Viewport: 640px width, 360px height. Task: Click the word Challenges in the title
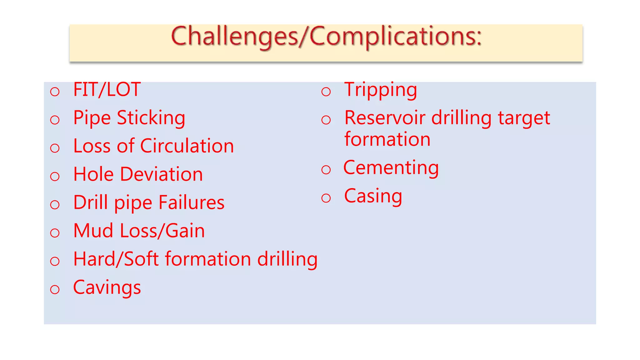pos(234,37)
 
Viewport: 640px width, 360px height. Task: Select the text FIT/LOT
pos(107,90)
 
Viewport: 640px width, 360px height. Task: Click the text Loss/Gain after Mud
pos(162,231)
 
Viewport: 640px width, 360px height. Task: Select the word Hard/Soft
pos(116,259)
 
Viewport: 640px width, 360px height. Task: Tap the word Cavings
pos(107,287)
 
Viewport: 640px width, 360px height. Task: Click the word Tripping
pos(380,90)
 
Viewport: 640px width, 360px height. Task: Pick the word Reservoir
pos(385,118)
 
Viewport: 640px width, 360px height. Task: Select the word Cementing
pos(391,168)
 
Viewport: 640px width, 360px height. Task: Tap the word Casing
pos(373,196)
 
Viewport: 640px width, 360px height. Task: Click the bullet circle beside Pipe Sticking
pos(55,120)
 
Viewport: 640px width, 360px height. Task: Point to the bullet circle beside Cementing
pos(326,170)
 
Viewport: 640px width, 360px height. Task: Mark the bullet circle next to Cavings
pos(55,289)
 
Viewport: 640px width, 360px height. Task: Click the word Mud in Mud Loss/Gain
pos(93,231)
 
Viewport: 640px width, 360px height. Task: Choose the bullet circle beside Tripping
pos(326,92)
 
